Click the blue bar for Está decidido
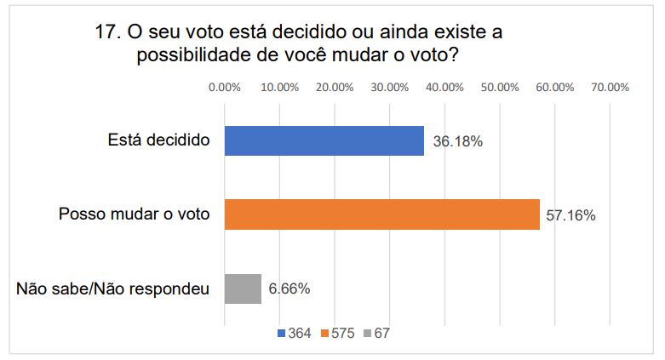(x=324, y=141)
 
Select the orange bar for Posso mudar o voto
(x=381, y=214)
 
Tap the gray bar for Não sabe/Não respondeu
(x=243, y=289)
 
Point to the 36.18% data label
(x=457, y=141)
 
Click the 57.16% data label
(x=570, y=214)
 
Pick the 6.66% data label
(x=289, y=289)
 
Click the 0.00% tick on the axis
(x=224, y=87)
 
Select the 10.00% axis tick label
(x=279, y=87)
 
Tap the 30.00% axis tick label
(x=389, y=87)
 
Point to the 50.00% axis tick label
(x=499, y=87)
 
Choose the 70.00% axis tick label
(x=610, y=87)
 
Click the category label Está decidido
(x=159, y=141)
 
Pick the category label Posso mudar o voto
(x=135, y=214)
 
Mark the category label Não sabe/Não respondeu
(x=113, y=289)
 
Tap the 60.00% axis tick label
(x=554, y=87)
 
